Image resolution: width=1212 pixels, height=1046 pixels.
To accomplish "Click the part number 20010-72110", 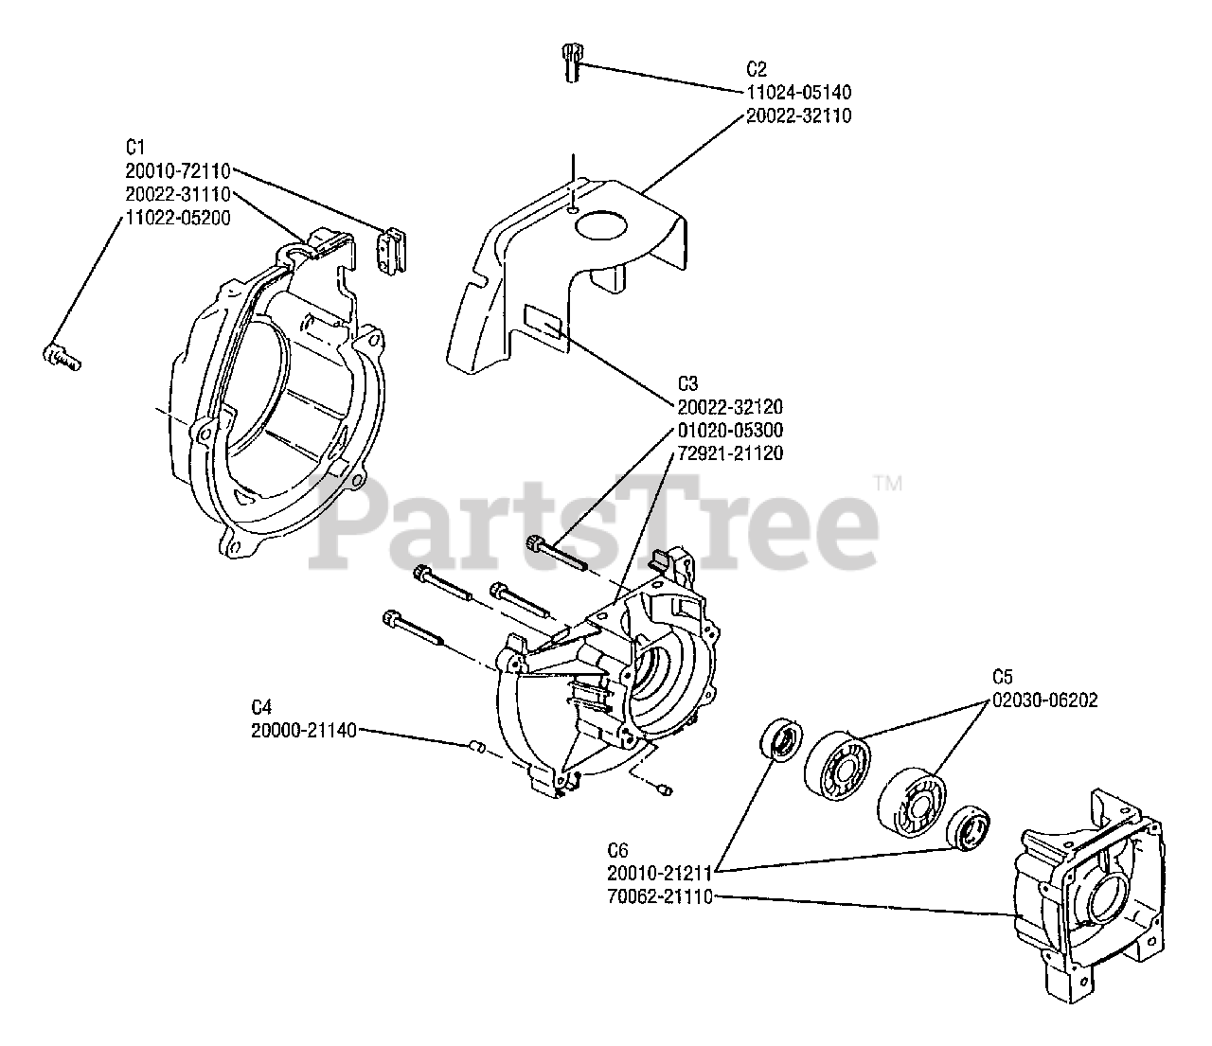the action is click(x=177, y=170).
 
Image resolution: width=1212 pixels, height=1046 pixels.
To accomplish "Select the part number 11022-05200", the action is click(x=177, y=217).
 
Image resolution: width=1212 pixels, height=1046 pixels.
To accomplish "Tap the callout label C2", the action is click(x=756, y=69).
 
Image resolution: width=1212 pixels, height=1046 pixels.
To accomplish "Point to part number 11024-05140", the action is click(x=798, y=93).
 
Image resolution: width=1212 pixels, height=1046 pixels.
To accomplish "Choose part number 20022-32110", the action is click(x=798, y=115).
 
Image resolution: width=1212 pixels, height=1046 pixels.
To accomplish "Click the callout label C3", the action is click(x=687, y=383).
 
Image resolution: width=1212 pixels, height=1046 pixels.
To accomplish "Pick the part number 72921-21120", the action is click(x=730, y=453).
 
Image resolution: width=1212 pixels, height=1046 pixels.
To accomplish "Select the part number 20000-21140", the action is click(x=304, y=730).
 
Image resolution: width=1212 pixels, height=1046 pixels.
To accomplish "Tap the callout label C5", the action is click(x=1003, y=677).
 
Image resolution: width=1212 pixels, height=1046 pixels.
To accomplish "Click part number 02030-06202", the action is click(x=1045, y=700).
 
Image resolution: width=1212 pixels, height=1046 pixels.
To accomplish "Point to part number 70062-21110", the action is click(x=661, y=896).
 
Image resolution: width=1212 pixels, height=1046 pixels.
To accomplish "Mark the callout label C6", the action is click(x=619, y=850).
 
